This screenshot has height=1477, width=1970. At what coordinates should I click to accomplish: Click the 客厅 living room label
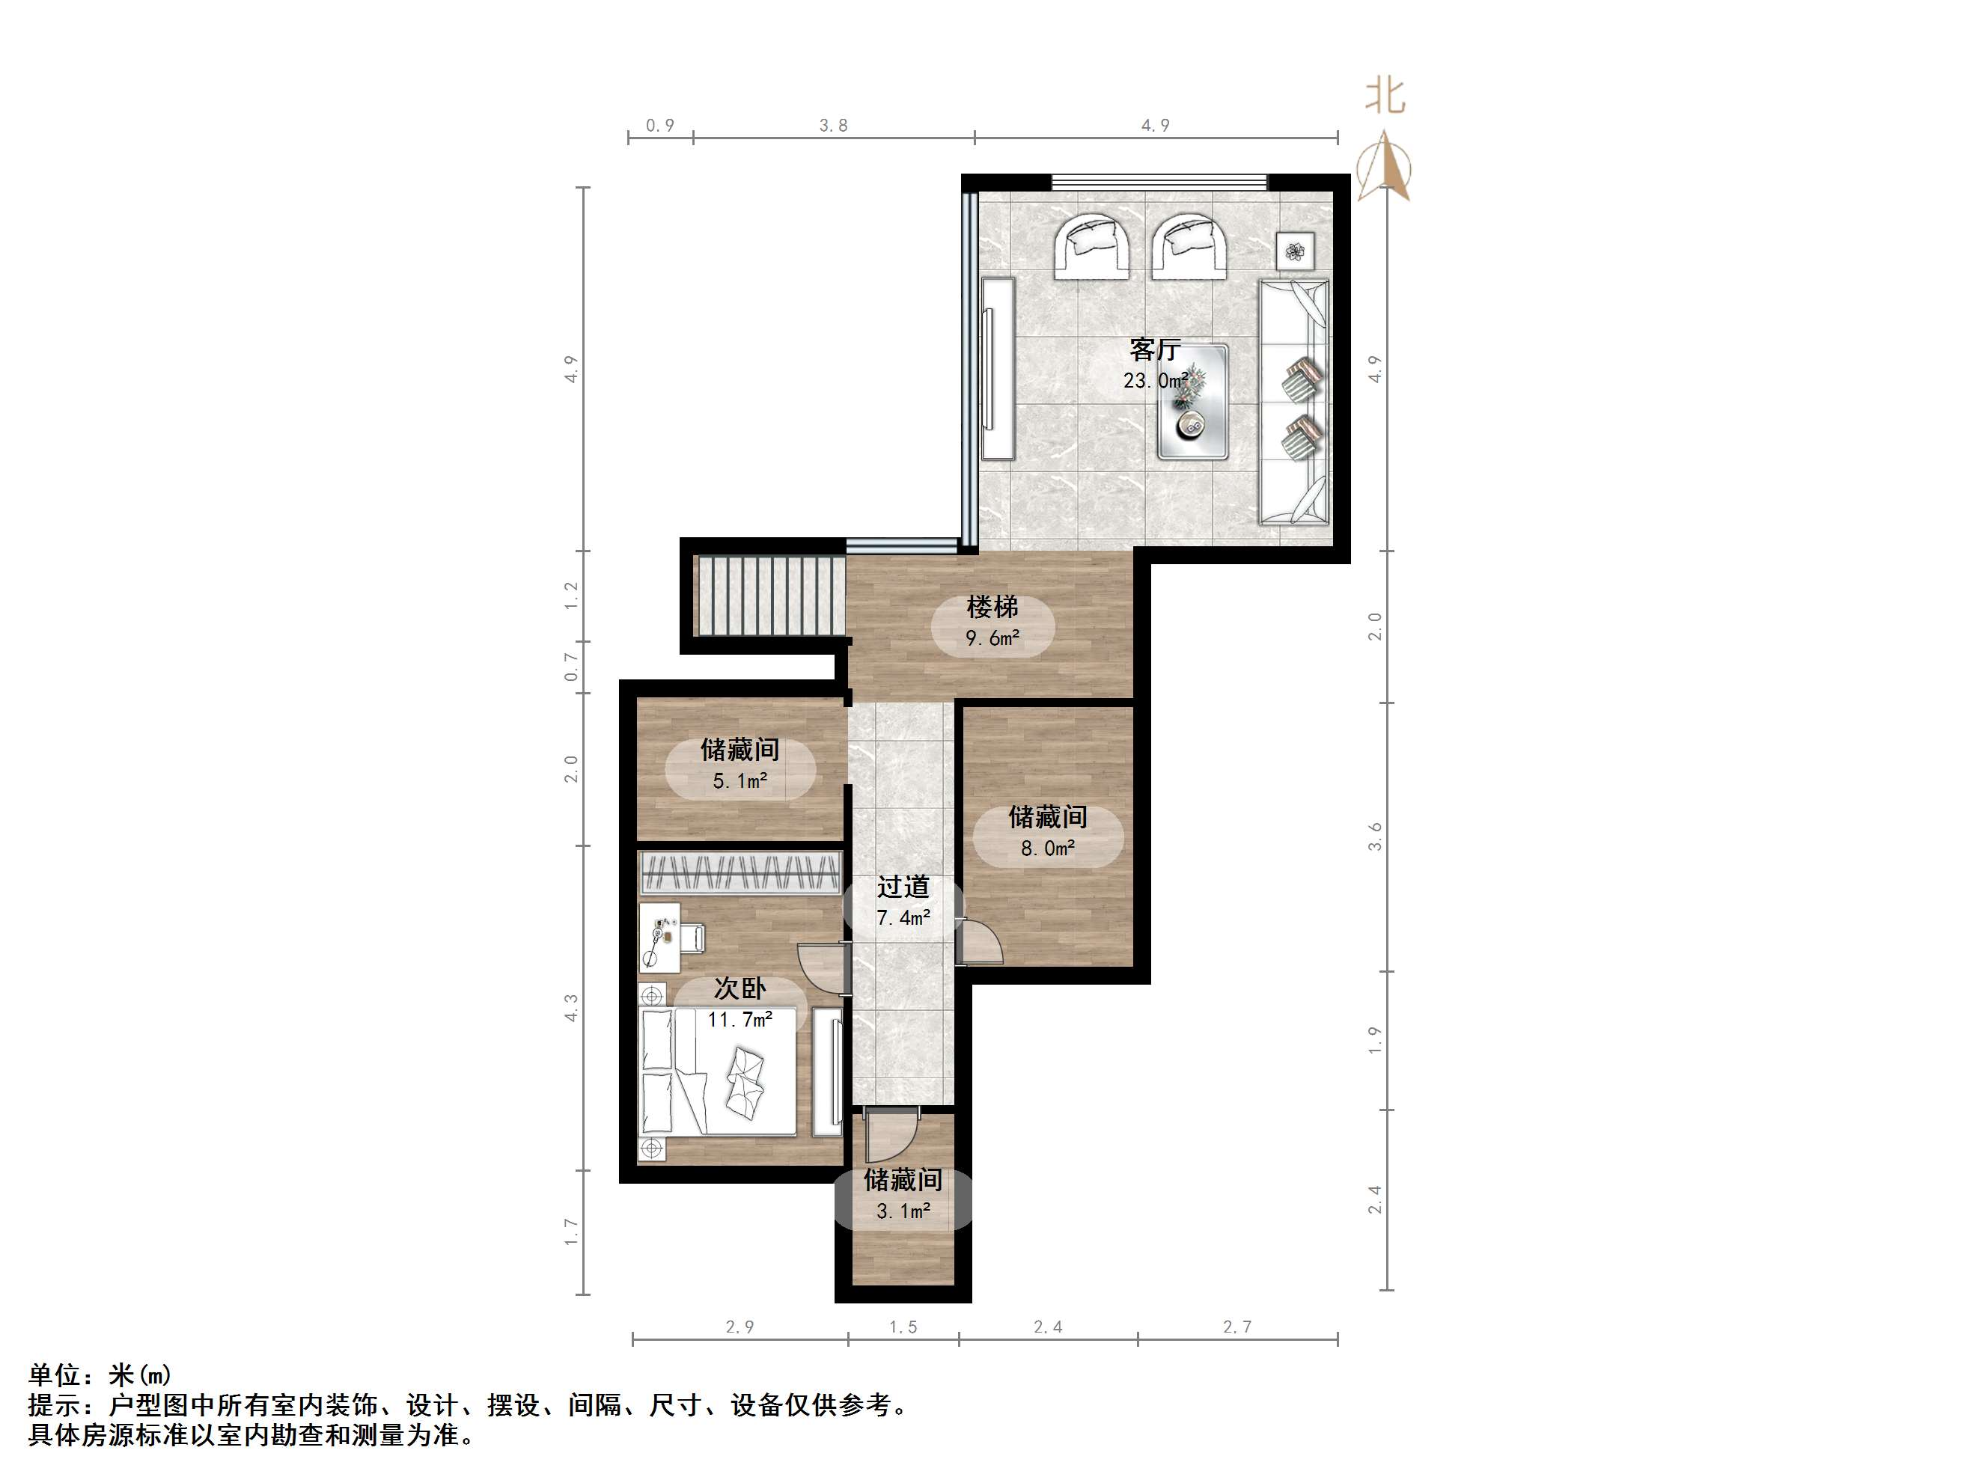[x=1155, y=348]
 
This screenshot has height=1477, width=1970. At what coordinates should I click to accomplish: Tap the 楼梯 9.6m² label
[x=993, y=623]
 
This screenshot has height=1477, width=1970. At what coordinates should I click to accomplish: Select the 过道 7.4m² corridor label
[x=903, y=901]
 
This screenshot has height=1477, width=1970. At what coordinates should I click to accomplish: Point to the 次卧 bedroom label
[x=740, y=988]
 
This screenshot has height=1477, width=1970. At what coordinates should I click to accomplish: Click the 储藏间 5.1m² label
[x=740, y=764]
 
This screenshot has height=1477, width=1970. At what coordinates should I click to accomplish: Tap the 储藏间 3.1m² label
[x=903, y=1195]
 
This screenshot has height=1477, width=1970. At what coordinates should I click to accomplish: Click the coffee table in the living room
[x=1193, y=403]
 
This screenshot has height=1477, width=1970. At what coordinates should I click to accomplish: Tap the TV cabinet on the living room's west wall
[x=998, y=369]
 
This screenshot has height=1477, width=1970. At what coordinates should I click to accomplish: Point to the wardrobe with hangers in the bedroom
[x=740, y=873]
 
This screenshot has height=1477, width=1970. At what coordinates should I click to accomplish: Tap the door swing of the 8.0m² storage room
[x=981, y=943]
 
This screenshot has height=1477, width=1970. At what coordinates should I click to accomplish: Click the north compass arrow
[x=1385, y=165]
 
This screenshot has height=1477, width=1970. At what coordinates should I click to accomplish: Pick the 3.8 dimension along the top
[x=834, y=126]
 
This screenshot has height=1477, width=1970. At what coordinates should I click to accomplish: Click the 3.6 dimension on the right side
[x=1376, y=837]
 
